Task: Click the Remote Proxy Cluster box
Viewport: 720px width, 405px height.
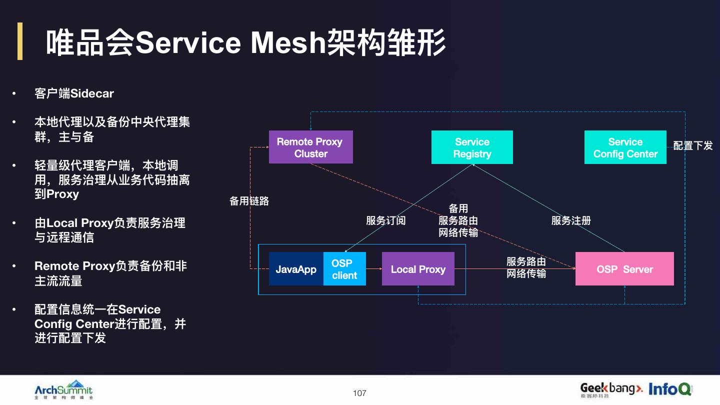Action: [x=310, y=147]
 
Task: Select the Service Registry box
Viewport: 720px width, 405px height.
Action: [x=472, y=147]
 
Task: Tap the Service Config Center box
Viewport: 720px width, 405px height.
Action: [x=625, y=147]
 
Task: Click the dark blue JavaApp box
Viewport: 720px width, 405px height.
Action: [x=296, y=269]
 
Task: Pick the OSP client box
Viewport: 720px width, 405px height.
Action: [x=344, y=269]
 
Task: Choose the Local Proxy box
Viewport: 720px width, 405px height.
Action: [x=418, y=269]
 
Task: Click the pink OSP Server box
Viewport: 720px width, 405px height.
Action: [x=624, y=269]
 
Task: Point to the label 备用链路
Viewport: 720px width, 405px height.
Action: [x=249, y=201]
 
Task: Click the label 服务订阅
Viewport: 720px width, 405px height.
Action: [x=385, y=220]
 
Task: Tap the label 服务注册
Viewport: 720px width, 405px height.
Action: [x=571, y=220]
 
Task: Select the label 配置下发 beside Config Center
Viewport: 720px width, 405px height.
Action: [x=693, y=146]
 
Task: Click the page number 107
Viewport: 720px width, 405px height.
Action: [x=359, y=393]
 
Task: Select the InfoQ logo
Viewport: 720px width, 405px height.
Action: [x=670, y=389]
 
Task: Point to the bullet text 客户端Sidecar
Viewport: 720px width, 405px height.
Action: [x=74, y=93]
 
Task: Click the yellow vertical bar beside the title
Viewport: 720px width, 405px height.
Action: [x=20, y=41]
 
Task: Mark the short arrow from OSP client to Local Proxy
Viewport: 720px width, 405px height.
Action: [x=374, y=269]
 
